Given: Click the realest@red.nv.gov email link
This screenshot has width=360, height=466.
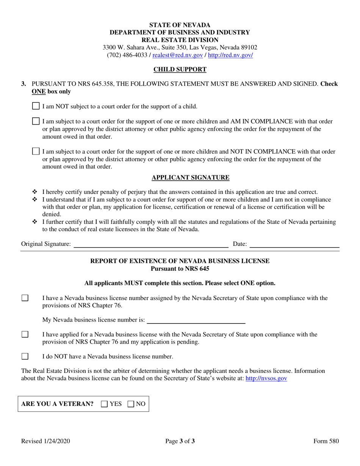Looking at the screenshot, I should tap(177, 55).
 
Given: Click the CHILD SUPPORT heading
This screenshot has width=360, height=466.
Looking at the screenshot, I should tap(180, 69).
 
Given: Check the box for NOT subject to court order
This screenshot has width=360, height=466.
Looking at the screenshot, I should tap(35, 106).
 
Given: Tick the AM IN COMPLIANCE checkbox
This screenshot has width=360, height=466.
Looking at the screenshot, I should tap(35, 122).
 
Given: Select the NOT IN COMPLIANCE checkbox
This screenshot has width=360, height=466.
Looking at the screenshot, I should tap(35, 152).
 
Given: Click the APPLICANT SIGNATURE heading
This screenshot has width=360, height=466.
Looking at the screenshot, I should tap(190, 177).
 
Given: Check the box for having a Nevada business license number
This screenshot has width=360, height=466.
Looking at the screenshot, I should tap(25, 298).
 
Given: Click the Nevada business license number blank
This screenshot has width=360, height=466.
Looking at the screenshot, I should tap(196, 321).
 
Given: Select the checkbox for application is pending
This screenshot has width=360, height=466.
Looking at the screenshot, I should tap(25, 335).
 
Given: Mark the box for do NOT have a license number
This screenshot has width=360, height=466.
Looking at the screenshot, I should tap(25, 357).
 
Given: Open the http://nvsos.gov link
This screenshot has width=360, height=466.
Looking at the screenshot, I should tap(266, 378).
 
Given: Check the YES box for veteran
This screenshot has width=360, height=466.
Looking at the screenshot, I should tap(105, 404).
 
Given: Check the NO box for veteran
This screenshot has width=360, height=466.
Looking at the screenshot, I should tap(131, 404).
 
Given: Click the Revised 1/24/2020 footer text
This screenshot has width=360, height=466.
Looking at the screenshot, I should tap(45, 441).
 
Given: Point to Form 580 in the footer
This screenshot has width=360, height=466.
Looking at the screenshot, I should tap(326, 441).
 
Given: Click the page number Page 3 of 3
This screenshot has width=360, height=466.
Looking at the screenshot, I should tap(180, 441).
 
